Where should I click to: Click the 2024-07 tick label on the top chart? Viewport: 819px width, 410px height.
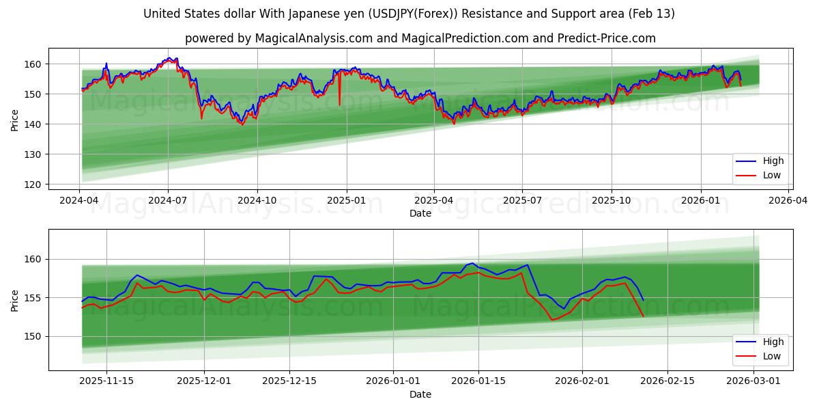(168, 200)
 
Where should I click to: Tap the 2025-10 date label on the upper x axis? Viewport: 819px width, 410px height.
(611, 200)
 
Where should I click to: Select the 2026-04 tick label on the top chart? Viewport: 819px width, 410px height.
(788, 200)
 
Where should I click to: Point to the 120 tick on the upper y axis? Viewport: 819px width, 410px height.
(34, 184)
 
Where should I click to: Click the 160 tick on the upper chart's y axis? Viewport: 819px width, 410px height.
(34, 64)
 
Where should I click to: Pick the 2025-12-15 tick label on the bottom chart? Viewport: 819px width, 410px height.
(289, 381)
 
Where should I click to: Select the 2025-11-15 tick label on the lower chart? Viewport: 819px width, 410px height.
(106, 381)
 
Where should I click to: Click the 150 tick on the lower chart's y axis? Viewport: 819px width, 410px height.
(34, 336)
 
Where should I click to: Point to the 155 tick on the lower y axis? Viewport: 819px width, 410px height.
(34, 298)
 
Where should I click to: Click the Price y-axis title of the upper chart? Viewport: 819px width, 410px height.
(15, 119)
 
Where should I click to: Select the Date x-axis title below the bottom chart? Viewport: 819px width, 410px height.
(420, 394)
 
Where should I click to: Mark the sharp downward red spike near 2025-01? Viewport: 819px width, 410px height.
(339, 104)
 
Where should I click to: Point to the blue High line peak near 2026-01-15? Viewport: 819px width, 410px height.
(472, 263)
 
